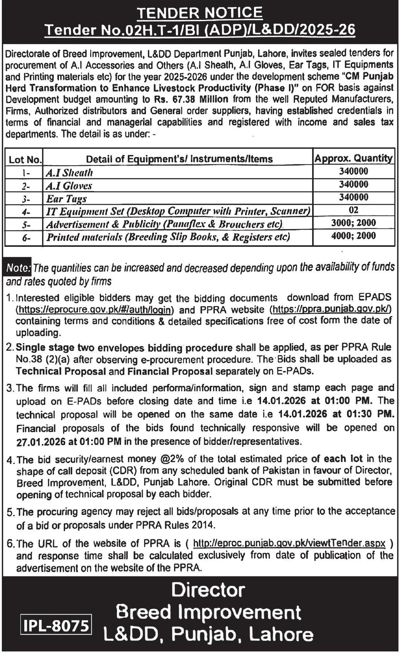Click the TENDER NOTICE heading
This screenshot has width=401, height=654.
[200, 13]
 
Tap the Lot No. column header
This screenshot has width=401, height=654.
[24, 159]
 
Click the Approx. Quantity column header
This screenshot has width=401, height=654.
[353, 158]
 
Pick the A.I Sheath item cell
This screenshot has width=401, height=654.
[69, 173]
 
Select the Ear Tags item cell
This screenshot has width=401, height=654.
[66, 199]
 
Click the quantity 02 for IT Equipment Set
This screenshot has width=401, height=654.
[353, 210]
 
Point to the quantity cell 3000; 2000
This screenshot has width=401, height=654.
[353, 223]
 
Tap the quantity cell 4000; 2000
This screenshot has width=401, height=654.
[353, 236]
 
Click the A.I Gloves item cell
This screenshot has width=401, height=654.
[69, 186]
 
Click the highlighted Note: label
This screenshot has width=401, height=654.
[18, 268]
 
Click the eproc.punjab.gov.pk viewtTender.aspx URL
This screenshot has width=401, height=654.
[289, 543]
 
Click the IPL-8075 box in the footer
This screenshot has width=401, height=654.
[55, 626]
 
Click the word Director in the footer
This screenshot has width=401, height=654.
[208, 590]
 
